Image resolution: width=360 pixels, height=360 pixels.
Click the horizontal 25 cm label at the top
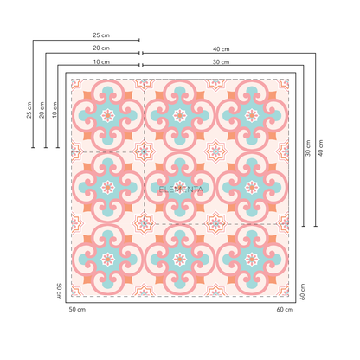click(x=101, y=35)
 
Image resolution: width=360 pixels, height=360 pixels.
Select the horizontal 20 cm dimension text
click(x=101, y=48)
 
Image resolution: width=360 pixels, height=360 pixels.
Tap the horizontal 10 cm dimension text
click(x=101, y=61)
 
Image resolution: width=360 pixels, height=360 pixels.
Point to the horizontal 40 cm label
click(x=222, y=49)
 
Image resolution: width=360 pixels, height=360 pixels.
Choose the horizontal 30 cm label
click(x=222, y=61)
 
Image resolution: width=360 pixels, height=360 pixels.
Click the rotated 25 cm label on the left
click(x=29, y=110)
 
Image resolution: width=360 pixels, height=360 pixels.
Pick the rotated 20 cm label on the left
click(x=42, y=110)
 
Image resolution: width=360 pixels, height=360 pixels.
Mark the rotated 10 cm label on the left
click(x=55, y=110)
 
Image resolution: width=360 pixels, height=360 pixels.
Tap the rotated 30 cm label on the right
click(x=308, y=148)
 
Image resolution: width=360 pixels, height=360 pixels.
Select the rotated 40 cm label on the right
click(x=320, y=148)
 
